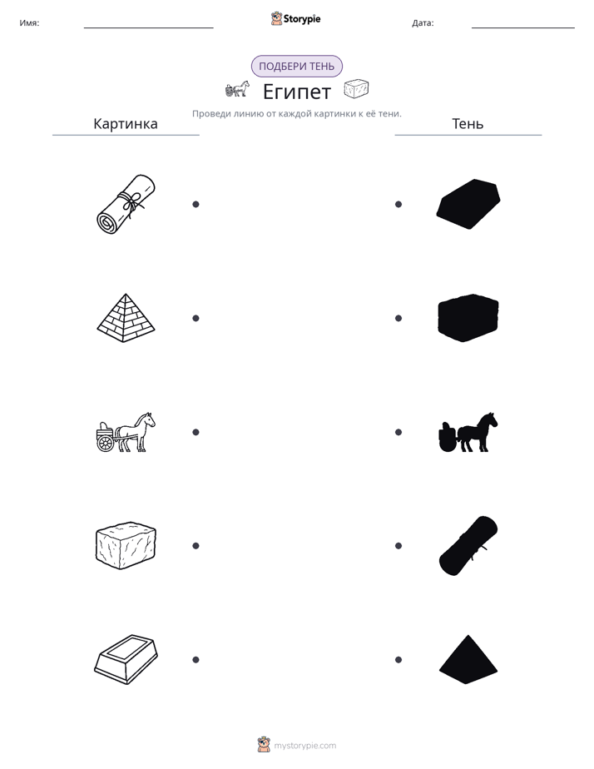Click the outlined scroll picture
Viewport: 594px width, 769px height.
[126, 204]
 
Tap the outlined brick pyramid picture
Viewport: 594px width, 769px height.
[126, 318]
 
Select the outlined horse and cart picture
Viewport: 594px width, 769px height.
[126, 432]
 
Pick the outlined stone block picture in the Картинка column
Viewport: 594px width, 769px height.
[126, 545]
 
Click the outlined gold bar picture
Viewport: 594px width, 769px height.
[126, 659]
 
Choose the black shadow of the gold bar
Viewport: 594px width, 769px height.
[468, 204]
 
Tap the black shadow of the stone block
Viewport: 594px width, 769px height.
[468, 318]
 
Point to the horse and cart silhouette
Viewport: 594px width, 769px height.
[468, 432]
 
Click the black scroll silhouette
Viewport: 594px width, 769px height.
[468, 545]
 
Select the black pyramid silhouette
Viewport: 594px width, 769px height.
[468, 659]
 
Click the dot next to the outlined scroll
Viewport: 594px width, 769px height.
[196, 204]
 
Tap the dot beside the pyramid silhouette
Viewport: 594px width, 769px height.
[398, 660]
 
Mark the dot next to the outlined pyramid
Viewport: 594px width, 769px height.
[196, 318]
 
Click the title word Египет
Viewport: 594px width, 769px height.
[297, 92]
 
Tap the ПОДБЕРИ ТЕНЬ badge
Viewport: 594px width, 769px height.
[296, 67]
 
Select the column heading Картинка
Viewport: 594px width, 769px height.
[126, 123]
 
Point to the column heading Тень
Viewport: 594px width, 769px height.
[468, 123]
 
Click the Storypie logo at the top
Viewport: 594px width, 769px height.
[295, 18]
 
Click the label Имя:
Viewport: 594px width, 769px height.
[29, 23]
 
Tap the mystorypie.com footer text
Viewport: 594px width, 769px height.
[304, 746]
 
